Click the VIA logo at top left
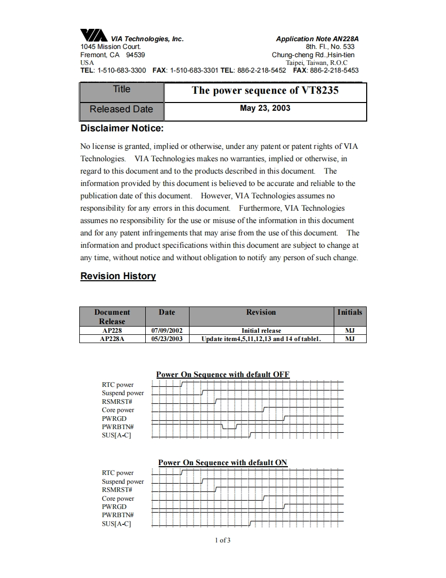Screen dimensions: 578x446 pos(94,35)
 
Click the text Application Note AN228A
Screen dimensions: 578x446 pos(317,39)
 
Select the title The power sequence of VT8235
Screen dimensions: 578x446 pos(265,91)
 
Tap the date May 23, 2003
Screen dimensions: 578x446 pos(265,108)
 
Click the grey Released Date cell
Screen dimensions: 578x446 pos(121,109)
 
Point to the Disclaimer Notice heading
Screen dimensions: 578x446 pos(122,128)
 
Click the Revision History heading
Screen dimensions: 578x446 pos(118,276)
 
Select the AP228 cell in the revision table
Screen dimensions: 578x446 pos(112,331)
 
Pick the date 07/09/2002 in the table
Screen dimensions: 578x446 pos(167,331)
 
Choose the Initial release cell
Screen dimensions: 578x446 pos(261,331)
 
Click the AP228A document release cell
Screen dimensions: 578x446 pos(112,339)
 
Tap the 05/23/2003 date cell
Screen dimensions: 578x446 pos(167,339)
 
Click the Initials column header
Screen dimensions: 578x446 pos(349,312)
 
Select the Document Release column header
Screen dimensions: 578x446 pos(112,316)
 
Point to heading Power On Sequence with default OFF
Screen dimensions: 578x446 pos(222,375)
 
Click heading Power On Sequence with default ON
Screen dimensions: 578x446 pos(222,463)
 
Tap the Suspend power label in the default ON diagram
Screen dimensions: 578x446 pos(123,482)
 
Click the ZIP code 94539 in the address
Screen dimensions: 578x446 pos(135,55)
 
